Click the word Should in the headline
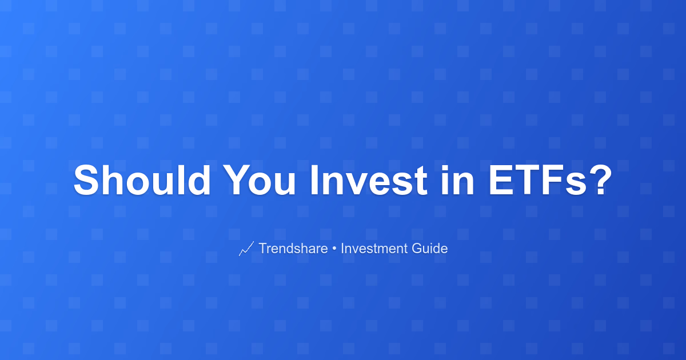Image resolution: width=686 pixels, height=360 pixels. click(x=142, y=180)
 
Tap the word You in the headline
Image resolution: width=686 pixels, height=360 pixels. click(x=259, y=180)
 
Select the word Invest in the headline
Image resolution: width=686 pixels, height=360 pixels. click(x=369, y=180)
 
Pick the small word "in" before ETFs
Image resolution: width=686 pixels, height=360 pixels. click(x=457, y=180)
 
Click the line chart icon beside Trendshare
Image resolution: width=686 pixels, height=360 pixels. click(x=246, y=249)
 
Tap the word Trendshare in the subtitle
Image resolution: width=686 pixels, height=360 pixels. click(x=293, y=248)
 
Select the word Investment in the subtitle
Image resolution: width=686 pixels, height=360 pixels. click(x=375, y=248)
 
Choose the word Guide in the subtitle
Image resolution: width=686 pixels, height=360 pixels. click(x=429, y=248)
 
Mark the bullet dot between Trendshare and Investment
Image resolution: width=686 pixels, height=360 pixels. click(x=334, y=249)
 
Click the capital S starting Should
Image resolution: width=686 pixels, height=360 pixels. click(x=87, y=180)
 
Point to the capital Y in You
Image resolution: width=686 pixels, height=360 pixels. click(x=238, y=180)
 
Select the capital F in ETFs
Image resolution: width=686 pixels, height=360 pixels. click(x=554, y=180)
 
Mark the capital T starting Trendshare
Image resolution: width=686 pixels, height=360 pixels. click(x=264, y=248)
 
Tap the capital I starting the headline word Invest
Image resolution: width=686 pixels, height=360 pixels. click(x=314, y=180)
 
